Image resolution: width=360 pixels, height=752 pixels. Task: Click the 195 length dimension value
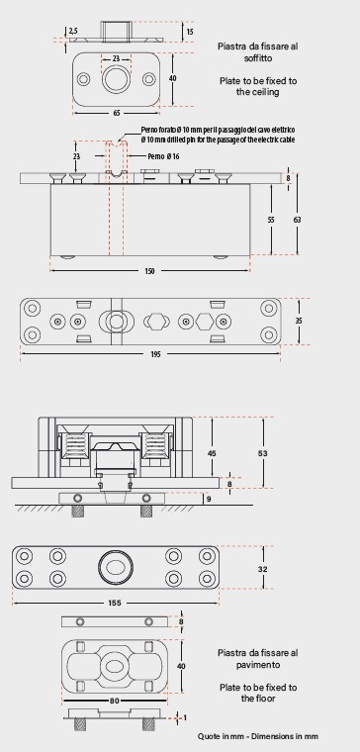click(155, 354)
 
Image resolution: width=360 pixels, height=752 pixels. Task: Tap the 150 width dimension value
click(149, 271)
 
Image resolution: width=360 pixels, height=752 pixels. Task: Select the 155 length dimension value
click(115, 604)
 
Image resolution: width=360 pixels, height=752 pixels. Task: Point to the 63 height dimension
click(298, 220)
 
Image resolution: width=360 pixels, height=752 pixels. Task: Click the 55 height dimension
click(271, 220)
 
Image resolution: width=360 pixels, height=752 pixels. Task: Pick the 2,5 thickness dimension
click(73, 31)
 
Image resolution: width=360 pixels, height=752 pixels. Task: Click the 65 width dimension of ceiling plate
click(117, 114)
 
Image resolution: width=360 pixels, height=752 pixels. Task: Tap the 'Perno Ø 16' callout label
click(163, 156)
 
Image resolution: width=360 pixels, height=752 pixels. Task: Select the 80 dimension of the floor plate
click(115, 702)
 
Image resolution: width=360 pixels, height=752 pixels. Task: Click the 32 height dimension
click(263, 569)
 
